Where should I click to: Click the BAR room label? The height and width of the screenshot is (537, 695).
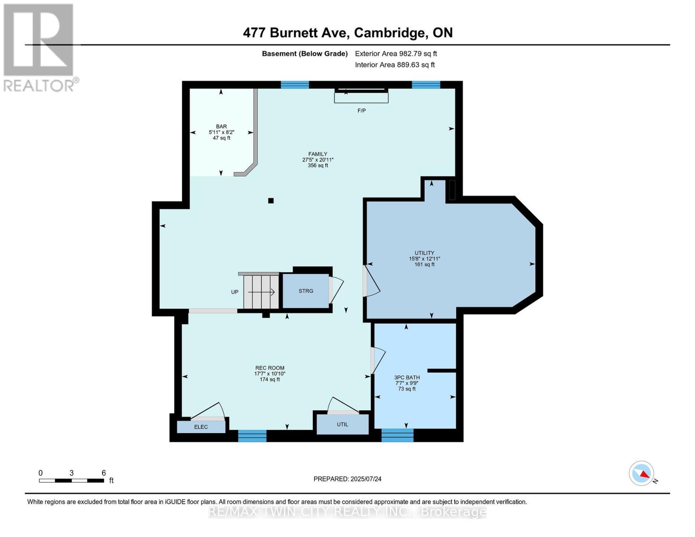pos(221,127)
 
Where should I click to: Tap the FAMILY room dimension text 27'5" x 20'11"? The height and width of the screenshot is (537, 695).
pos(318,160)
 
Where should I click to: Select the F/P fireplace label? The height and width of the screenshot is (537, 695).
pos(362,111)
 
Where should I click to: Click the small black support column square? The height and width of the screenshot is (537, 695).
pos(271,200)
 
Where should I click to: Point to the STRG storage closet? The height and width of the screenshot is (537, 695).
pos(306,291)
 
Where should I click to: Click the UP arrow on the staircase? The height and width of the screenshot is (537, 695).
pos(261,292)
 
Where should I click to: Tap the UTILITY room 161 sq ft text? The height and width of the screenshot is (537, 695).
pos(424,264)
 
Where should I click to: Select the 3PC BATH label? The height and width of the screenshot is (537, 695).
pos(407,378)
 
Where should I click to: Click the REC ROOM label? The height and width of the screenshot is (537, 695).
pos(270,368)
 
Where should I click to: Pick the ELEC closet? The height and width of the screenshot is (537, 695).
pos(201,427)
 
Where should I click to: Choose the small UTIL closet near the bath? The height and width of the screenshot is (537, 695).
pos(342,424)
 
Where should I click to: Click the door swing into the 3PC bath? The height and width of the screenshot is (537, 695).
pos(379,360)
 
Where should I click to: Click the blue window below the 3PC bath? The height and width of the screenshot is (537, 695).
pos(397,435)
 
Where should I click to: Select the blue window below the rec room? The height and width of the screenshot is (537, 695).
pos(252,436)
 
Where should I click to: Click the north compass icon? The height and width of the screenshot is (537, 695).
pos(642,473)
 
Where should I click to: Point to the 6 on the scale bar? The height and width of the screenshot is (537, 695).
pos(104,473)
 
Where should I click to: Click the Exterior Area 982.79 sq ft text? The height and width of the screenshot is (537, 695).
pos(396,54)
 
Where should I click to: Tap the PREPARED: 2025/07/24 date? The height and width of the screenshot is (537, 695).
pos(347,479)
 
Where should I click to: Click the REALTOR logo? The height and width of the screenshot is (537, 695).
pos(39,47)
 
